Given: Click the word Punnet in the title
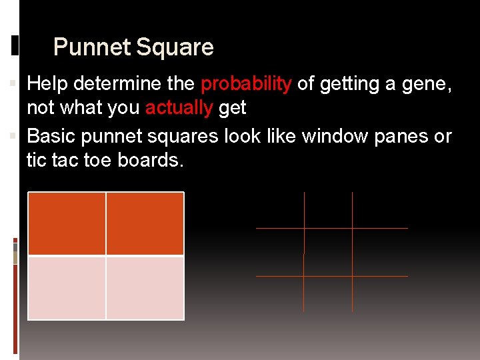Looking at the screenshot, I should (x=92, y=47).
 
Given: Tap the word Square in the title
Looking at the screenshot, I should (x=175, y=47).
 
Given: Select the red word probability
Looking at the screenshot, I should (x=246, y=83).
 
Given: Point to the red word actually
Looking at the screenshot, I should (x=179, y=107).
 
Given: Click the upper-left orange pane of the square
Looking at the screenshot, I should (x=67, y=223).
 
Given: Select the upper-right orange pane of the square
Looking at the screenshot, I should (x=145, y=223).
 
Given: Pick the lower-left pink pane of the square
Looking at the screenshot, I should (x=67, y=288).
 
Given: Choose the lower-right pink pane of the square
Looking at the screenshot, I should (x=145, y=288).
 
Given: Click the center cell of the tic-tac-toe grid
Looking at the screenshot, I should (x=328, y=252).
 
